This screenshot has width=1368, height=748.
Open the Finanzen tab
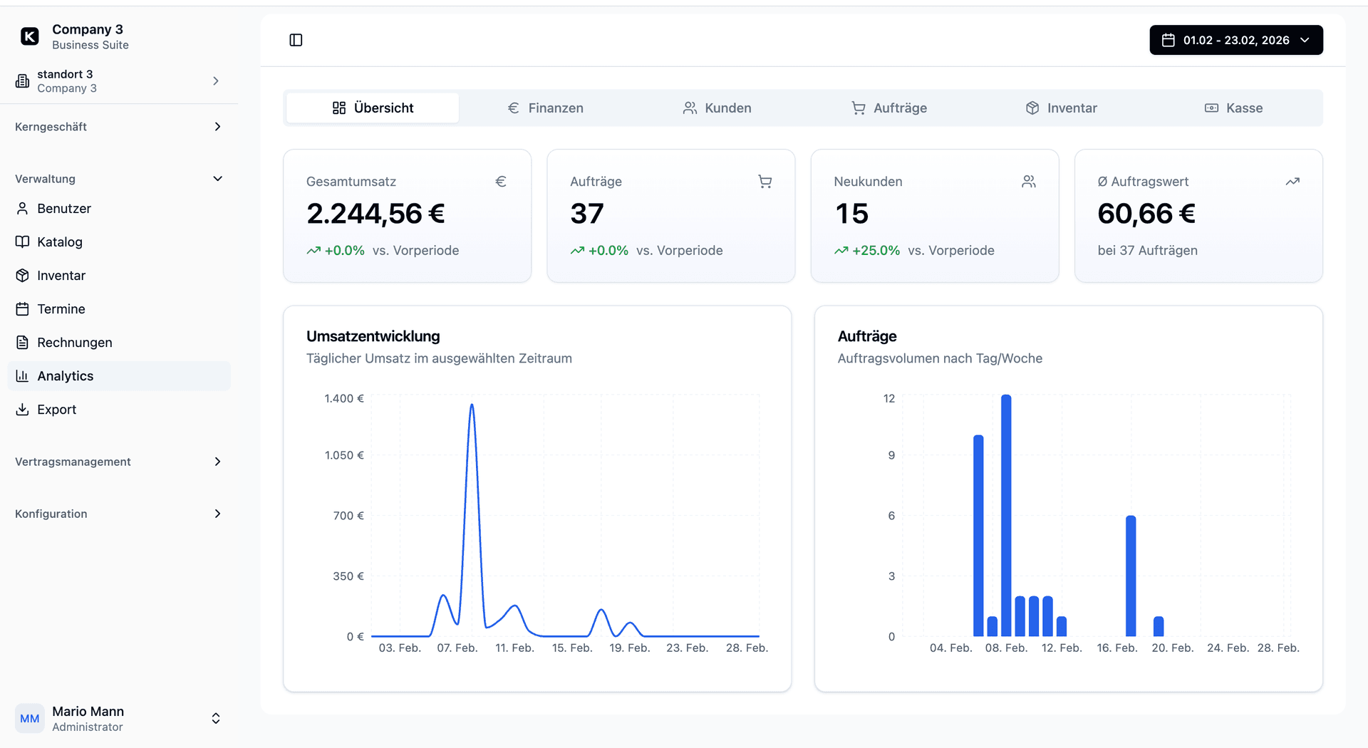point(545,108)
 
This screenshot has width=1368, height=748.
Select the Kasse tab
point(1233,108)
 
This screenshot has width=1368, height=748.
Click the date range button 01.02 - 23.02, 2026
point(1235,40)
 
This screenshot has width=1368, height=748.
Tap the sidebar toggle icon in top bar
point(296,40)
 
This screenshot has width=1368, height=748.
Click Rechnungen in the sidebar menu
point(74,343)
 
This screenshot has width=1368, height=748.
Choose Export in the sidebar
point(56,410)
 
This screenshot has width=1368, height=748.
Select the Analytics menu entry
point(65,376)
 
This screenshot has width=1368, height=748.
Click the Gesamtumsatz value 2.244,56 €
point(375,214)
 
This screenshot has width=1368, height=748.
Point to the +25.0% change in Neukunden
point(876,251)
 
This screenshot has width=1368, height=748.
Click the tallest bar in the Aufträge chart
point(1006,513)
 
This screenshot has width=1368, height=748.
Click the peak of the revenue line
point(472,406)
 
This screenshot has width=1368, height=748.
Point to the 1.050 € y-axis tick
point(344,455)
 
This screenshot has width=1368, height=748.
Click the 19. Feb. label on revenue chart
point(629,648)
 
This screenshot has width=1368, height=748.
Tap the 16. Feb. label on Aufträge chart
point(1116,648)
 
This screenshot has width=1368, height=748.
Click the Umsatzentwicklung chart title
point(373,336)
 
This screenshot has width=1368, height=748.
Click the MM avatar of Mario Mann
point(29,718)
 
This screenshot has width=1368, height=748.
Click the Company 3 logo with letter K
point(30,36)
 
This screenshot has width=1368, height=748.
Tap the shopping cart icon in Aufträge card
point(765,182)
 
